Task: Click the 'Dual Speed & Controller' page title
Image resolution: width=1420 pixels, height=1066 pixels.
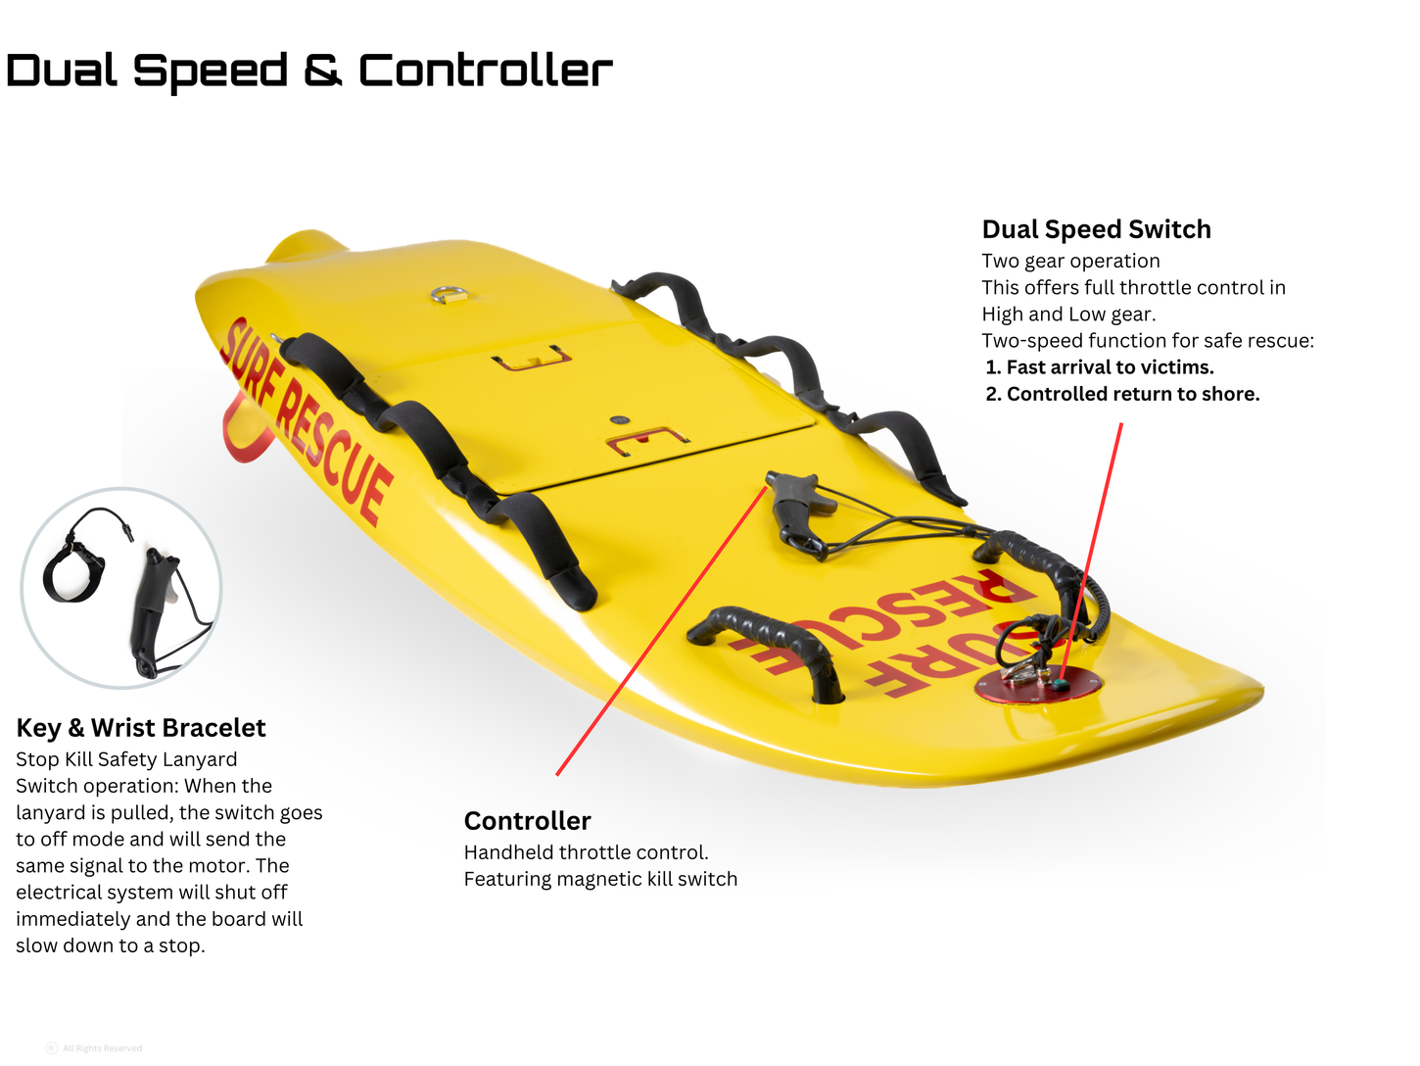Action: click(309, 71)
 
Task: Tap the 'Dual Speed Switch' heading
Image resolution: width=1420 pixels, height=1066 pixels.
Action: click(1096, 229)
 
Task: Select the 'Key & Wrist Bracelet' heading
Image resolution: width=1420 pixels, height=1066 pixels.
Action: click(141, 728)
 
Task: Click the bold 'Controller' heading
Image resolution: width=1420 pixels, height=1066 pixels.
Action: click(527, 821)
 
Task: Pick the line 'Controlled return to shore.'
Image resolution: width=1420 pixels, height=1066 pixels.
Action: click(1132, 394)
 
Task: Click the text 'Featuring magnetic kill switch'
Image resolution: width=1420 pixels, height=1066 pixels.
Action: click(600, 879)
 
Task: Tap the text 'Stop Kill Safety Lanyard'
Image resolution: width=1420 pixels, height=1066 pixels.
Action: click(126, 759)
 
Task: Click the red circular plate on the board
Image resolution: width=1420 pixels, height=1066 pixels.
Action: click(1038, 683)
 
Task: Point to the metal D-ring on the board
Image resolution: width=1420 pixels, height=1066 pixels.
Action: click(450, 293)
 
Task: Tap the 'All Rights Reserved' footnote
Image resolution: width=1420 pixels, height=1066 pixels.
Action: click(102, 1048)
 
